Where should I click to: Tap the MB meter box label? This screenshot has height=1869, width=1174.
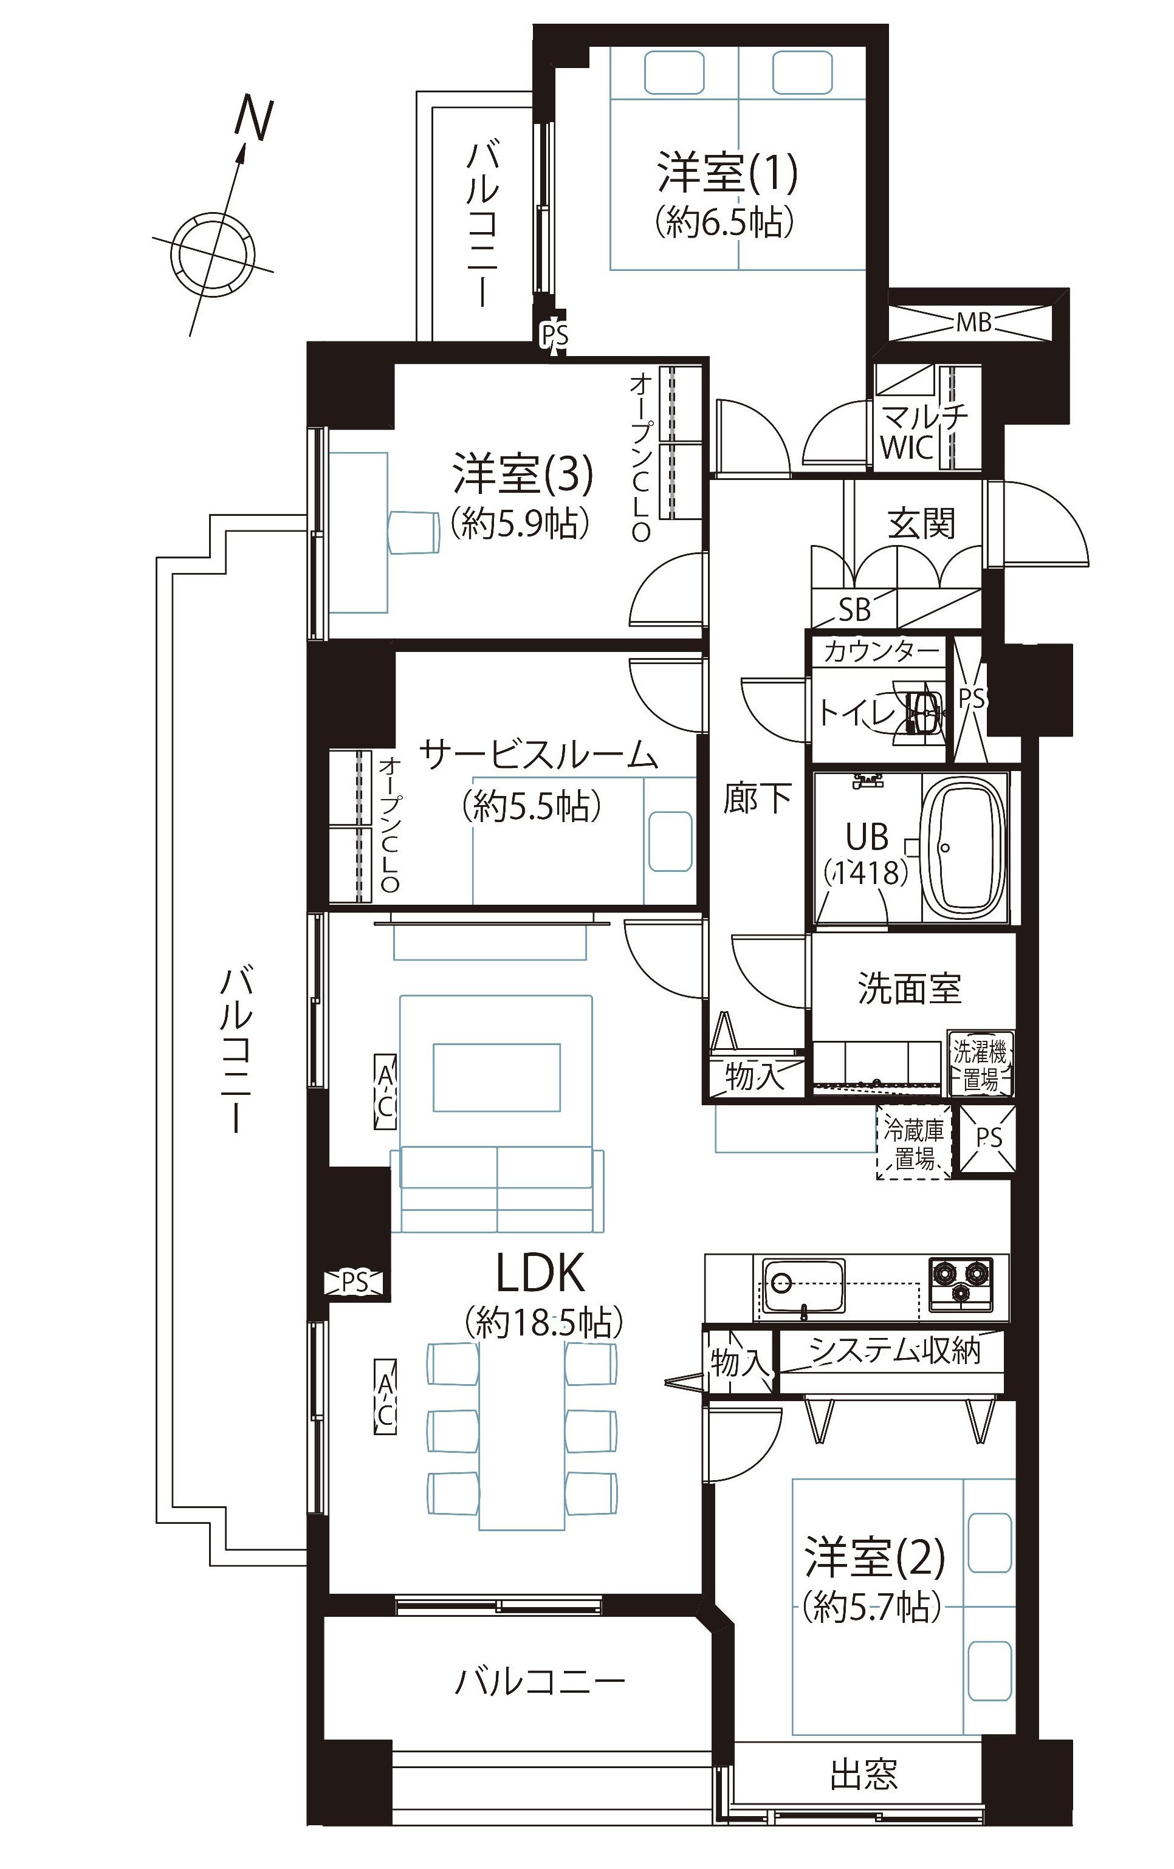(x=973, y=321)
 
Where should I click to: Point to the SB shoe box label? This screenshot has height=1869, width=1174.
(x=854, y=610)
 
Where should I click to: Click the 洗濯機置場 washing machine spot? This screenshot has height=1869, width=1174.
(x=980, y=1063)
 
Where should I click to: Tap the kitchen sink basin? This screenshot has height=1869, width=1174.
(x=803, y=1288)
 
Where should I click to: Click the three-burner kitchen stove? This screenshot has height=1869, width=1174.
(x=961, y=1284)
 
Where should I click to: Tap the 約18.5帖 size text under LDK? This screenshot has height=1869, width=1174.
(x=543, y=1323)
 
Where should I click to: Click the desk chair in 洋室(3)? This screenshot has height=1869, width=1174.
(x=413, y=532)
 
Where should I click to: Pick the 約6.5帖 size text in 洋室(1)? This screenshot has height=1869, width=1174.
(x=724, y=222)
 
